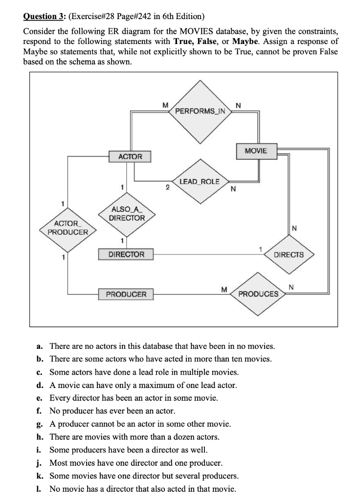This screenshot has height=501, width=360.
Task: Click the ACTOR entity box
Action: [x=130, y=157]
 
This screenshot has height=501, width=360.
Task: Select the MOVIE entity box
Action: [x=256, y=151]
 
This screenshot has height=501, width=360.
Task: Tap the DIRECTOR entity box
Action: [x=126, y=254]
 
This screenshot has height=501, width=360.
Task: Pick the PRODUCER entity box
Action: [x=126, y=294]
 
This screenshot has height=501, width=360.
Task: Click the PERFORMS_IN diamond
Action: [x=200, y=111]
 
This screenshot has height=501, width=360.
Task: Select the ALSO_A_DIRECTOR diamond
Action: [x=127, y=214]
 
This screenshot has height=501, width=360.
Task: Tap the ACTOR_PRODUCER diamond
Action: [x=67, y=228]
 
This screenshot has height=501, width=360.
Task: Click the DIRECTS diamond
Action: [x=289, y=254]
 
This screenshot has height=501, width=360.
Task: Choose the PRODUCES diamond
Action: [x=258, y=294]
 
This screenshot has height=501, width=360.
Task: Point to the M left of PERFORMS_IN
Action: [x=165, y=105]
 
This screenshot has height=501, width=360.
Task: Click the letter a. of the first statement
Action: [x=41, y=346]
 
